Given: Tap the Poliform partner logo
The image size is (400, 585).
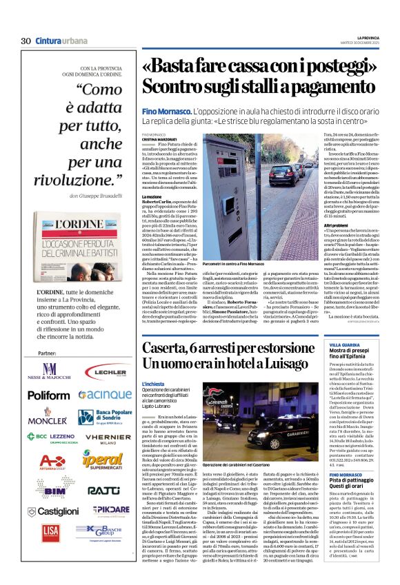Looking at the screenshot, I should tap(49, 395).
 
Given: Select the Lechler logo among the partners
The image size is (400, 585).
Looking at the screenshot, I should tap(105, 371).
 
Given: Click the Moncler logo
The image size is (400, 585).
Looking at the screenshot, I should tap(48, 418).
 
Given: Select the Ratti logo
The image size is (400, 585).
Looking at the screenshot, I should tap(103, 491).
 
